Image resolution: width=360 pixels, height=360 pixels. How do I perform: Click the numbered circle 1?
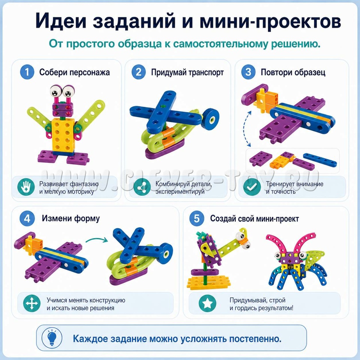tap(27, 72)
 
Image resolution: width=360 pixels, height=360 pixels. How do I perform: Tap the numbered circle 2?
tap(139, 72)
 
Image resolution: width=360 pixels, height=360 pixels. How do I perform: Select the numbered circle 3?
tap(248, 72)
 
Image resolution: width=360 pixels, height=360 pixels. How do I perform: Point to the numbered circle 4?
tap(27, 218)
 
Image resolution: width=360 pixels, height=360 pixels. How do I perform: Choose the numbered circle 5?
tap(197, 218)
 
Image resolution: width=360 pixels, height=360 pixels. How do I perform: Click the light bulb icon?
tap(52, 338)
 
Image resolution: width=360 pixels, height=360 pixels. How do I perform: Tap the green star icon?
tap(207, 303)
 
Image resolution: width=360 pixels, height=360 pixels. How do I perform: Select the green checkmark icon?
tap(252, 187)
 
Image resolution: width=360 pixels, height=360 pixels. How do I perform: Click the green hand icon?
tap(26, 187)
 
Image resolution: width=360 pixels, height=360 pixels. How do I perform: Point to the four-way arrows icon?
tap(31, 303)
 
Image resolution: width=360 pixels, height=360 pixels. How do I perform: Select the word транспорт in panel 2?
tap(206, 72)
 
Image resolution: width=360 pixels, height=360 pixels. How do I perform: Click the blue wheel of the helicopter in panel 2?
tap(211, 119)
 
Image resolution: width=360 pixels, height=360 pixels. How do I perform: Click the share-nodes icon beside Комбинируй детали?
tap(142, 187)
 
